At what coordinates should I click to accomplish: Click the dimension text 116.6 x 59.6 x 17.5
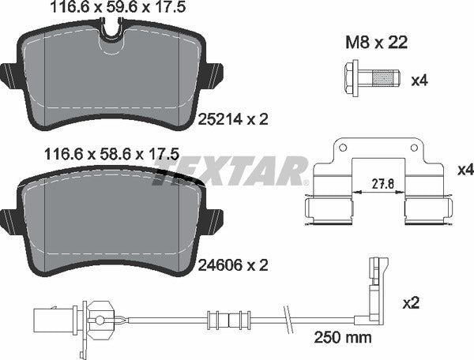point(118,7)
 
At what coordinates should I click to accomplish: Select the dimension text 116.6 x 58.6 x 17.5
point(112,154)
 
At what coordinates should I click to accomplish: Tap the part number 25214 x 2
point(233,119)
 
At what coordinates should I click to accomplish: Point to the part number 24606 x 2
point(233,265)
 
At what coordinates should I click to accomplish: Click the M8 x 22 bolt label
point(376,43)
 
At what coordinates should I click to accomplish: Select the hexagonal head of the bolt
point(352,78)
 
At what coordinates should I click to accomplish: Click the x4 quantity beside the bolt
point(419,81)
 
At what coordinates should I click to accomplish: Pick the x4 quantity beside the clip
point(466,170)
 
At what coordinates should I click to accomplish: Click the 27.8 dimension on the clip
point(379,184)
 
